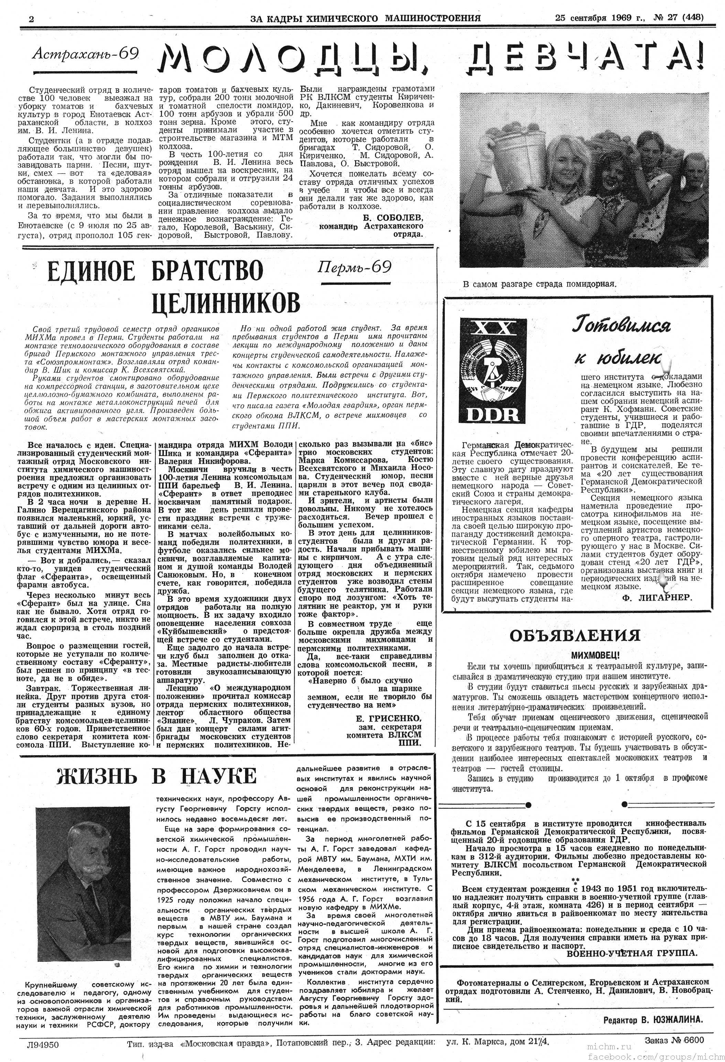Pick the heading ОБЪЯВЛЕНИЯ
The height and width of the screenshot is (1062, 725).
(x=575, y=636)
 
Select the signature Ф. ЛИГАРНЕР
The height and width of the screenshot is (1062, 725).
(x=657, y=597)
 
